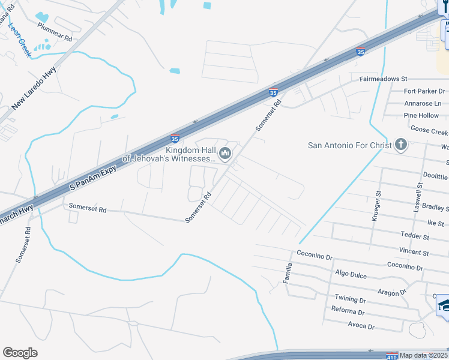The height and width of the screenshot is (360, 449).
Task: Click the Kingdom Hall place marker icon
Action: coord(225,154)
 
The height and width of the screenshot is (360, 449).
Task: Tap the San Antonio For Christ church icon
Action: coord(401,145)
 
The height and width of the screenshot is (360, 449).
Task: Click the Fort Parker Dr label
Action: coord(424,91)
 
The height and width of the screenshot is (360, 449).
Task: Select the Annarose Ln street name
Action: coord(422,103)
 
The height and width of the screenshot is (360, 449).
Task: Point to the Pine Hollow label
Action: coord(421,115)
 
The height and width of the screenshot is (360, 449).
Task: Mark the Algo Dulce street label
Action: coord(351,274)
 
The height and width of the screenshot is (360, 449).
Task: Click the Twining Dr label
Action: coord(351,299)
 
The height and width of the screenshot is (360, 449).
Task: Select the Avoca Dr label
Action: coord(361,326)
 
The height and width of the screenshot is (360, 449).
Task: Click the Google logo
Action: coord(20,353)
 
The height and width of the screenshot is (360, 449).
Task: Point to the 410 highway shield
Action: coord(391,356)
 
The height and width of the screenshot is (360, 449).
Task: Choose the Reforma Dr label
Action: coord(348,312)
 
